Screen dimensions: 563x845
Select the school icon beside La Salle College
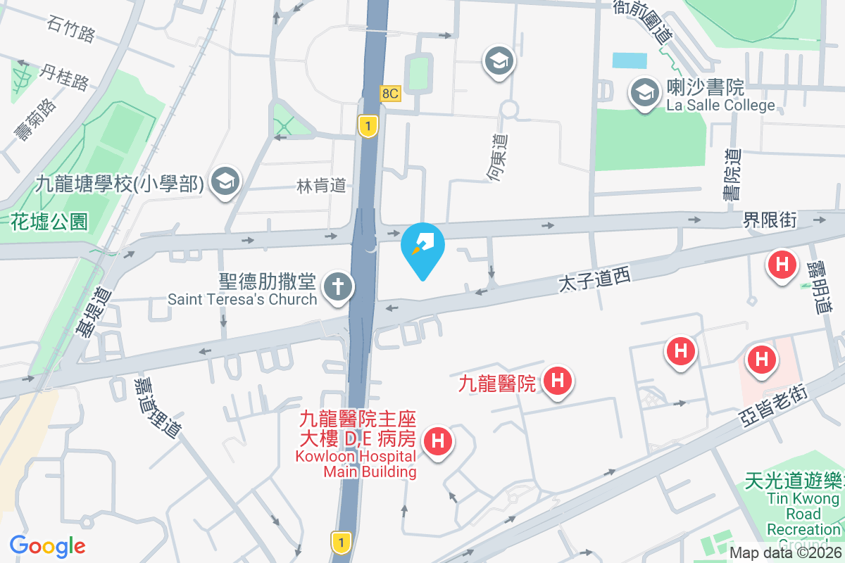point(643,92)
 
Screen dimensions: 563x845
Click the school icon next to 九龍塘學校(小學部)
point(225,182)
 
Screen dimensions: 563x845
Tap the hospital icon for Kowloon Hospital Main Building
point(437,441)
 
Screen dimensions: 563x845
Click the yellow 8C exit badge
point(390,92)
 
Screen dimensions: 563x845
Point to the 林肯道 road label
point(321,186)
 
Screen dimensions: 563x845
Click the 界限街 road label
point(770,220)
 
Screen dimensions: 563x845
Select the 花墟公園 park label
point(49,222)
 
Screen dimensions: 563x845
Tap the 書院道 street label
point(734,174)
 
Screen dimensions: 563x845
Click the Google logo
point(48,546)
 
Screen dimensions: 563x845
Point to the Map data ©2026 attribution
point(784,553)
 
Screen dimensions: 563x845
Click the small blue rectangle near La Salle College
point(629,60)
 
